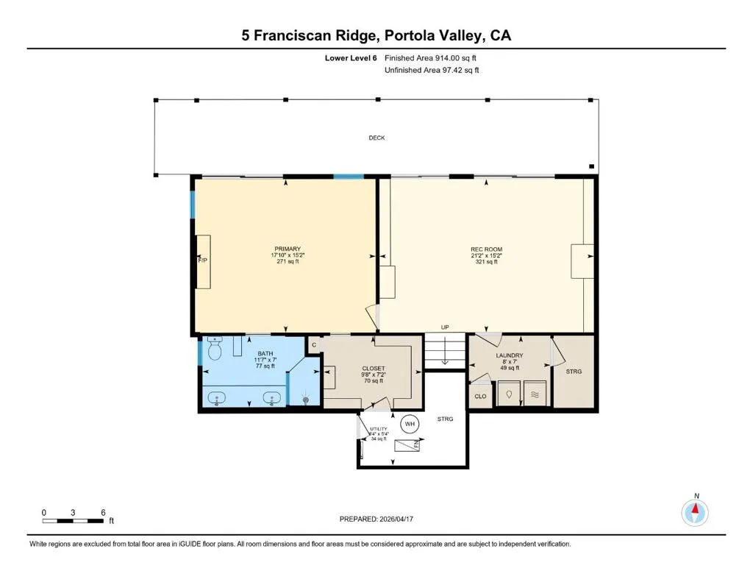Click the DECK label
[x=376, y=138]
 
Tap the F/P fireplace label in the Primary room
[x=203, y=260]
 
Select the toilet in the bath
[x=215, y=349]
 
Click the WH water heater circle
[x=410, y=424]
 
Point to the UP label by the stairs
[x=445, y=327]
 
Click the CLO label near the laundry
[x=480, y=397]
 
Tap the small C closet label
[x=314, y=345]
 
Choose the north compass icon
[x=695, y=513]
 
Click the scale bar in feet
[x=73, y=521]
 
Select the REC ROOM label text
[x=487, y=249]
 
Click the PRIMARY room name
[x=288, y=249]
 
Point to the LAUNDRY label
[x=510, y=355]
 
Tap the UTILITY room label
[x=379, y=429]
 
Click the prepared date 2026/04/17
[x=396, y=519]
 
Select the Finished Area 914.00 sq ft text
[x=430, y=58]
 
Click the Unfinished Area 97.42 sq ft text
[x=432, y=70]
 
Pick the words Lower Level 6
[x=351, y=58]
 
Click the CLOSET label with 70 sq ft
[x=373, y=369]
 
